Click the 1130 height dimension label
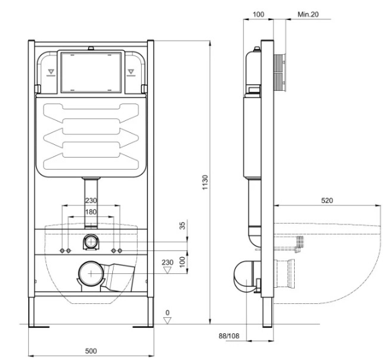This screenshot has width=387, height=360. [x=205, y=182]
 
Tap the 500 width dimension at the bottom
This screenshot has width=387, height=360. [x=91, y=351]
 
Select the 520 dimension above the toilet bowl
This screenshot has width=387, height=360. [x=327, y=200]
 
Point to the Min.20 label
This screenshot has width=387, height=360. [x=308, y=14]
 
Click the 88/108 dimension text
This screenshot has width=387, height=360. [x=229, y=336]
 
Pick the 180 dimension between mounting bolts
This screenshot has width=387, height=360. [x=91, y=212]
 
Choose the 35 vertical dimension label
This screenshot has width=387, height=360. [x=182, y=226]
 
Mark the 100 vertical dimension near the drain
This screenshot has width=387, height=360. [x=182, y=262]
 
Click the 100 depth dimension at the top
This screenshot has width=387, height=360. [x=259, y=14]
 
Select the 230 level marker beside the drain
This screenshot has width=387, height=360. [x=168, y=266]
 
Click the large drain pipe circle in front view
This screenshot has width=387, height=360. [x=91, y=273]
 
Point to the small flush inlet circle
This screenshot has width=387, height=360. [x=91, y=242]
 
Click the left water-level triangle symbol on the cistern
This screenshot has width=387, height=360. [x=51, y=71]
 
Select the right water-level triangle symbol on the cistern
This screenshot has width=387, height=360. [x=131, y=71]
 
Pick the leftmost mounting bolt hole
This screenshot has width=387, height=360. [x=62, y=250]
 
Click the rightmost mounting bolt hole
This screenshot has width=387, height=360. [x=120, y=250]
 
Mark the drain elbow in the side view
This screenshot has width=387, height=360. [x=245, y=277]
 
